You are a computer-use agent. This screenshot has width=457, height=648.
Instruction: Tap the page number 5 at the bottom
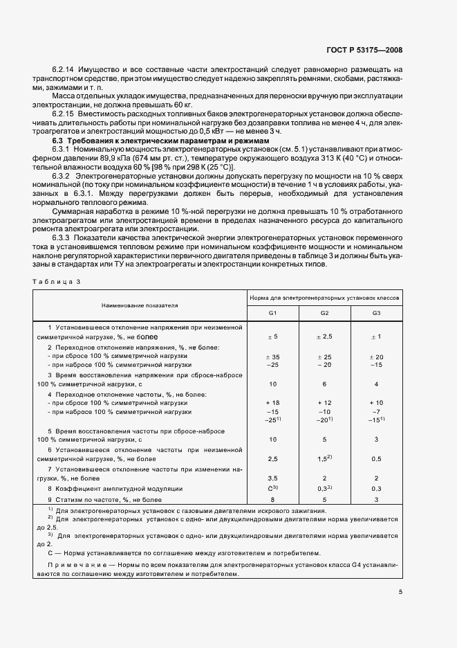pos(401,591)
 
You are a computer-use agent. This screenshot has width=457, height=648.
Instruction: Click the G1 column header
pos(272,314)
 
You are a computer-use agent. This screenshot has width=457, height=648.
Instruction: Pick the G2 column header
pos(324,314)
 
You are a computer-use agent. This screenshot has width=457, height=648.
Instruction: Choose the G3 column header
pos(376,314)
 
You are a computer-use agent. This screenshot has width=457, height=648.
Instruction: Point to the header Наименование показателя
pos(140,305)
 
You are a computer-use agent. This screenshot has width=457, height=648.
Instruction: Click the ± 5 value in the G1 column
pos(272,336)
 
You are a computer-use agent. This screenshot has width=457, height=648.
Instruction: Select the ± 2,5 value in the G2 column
pos(324,336)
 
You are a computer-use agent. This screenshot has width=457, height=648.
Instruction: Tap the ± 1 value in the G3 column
pos(376,336)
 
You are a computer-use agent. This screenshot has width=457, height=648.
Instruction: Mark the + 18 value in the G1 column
pos(272,402)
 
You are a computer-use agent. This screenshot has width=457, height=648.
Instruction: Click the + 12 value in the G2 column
pos(324,402)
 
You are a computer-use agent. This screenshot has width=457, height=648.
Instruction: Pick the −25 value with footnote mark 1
pos(272,420)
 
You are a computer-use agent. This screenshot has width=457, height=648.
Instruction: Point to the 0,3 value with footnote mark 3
pos(324,489)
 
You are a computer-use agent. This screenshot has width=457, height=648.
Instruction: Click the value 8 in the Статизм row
pos(272,498)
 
